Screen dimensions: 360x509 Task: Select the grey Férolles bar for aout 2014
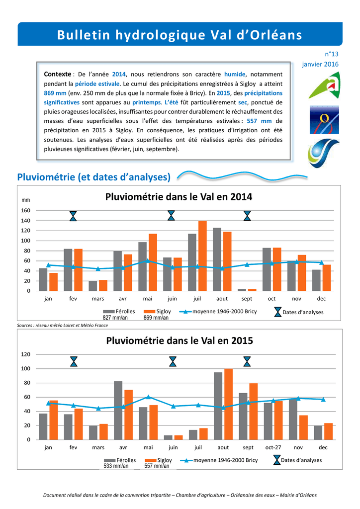(x=217, y=259)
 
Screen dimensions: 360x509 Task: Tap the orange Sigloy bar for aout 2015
(x=229, y=404)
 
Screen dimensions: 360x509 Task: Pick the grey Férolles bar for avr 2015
(x=118, y=410)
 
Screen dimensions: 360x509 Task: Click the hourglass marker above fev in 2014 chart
(x=74, y=216)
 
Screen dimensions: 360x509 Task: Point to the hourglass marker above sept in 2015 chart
(x=247, y=362)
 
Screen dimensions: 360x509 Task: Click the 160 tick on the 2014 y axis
(x=26, y=210)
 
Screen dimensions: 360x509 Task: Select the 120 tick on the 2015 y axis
(x=26, y=354)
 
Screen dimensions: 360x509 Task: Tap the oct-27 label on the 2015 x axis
(x=273, y=447)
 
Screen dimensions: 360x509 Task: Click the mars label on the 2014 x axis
(x=98, y=299)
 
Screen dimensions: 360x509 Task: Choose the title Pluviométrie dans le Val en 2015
(x=180, y=340)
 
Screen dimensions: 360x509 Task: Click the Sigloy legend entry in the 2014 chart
(x=158, y=311)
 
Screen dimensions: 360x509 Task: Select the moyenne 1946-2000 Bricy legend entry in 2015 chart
(x=219, y=460)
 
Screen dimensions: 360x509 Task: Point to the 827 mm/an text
(x=115, y=318)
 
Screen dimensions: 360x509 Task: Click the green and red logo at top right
(x=324, y=85)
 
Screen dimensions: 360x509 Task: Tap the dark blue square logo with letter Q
(x=324, y=119)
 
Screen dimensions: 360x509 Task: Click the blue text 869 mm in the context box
(x=55, y=93)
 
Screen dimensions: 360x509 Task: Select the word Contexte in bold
(x=58, y=75)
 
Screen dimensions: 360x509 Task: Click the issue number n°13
(x=332, y=54)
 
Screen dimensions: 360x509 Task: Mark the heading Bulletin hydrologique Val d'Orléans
(x=180, y=35)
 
